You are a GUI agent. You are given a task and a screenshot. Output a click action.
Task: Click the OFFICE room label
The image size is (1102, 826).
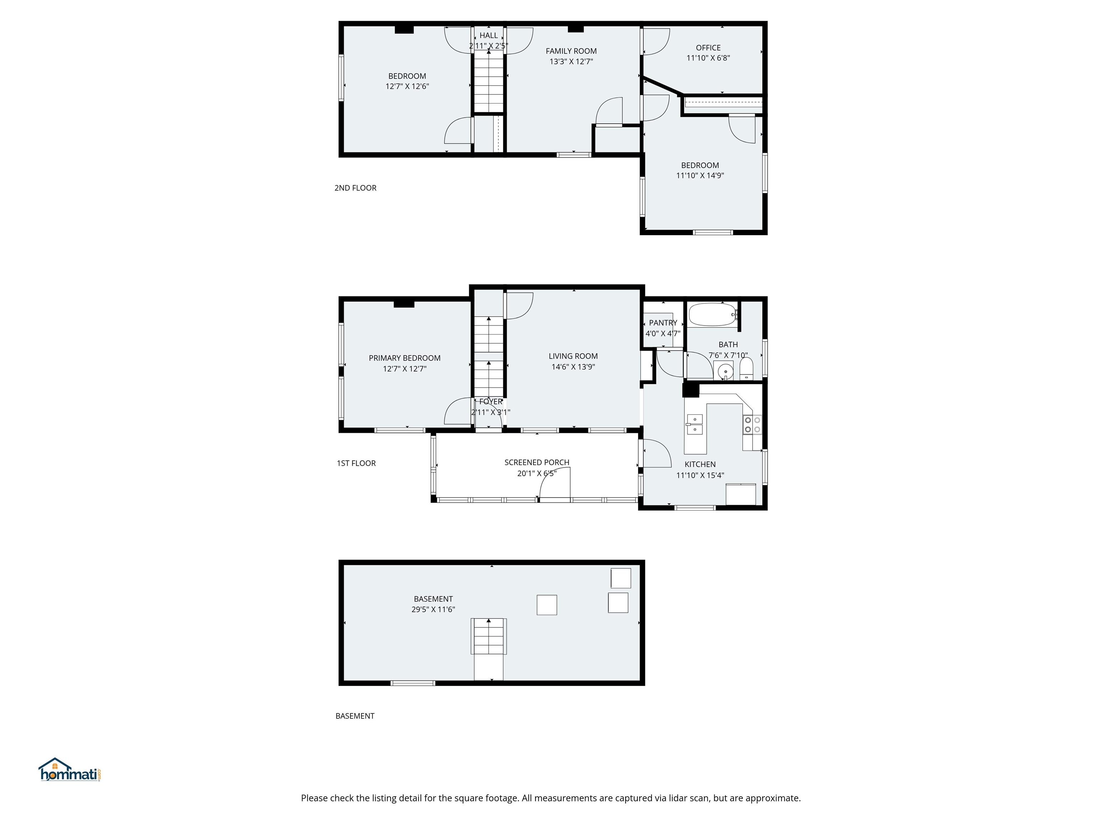(x=708, y=48)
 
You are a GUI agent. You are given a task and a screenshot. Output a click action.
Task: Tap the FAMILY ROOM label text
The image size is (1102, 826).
(x=571, y=51)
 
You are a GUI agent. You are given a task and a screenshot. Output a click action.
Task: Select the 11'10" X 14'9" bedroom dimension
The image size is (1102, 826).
(x=700, y=175)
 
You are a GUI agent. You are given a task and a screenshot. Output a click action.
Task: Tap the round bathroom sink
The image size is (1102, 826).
(x=725, y=371)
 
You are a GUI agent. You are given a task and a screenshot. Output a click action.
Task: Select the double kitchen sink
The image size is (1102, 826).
(x=694, y=424)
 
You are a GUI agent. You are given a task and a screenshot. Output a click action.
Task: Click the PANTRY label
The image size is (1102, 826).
(x=663, y=323)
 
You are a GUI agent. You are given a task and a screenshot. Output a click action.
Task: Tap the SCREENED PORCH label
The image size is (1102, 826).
(x=537, y=462)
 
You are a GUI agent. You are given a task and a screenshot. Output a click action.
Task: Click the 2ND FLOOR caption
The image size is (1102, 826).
(x=355, y=188)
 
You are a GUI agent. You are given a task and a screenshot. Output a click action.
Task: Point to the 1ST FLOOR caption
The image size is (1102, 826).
(x=356, y=463)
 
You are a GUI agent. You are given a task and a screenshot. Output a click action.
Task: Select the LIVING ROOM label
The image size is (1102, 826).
(x=573, y=356)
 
